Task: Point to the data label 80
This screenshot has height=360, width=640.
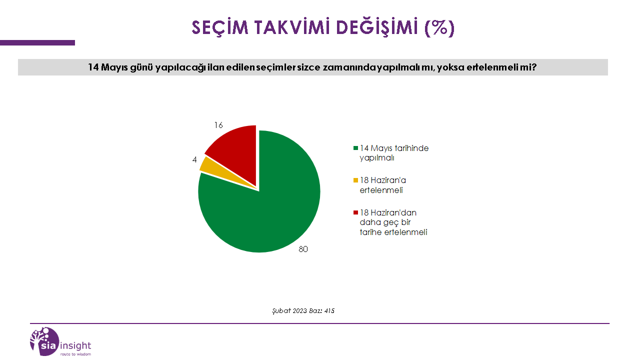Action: pyautogui.click(x=303, y=249)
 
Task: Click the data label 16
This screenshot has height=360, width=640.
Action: pyautogui.click(x=218, y=125)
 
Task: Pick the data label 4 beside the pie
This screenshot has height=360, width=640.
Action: pyautogui.click(x=194, y=159)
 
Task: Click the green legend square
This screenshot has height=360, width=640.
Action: pyautogui.click(x=355, y=148)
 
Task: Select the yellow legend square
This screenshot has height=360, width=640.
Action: pyautogui.click(x=355, y=180)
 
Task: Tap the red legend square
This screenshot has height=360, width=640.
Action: pyautogui.click(x=355, y=212)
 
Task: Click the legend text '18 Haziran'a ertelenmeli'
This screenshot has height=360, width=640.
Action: pyautogui.click(x=383, y=185)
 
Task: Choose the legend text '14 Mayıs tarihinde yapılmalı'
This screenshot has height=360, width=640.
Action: pyautogui.click(x=394, y=153)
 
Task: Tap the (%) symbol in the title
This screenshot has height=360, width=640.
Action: pyautogui.click(x=439, y=27)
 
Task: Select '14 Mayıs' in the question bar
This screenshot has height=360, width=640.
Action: pyautogui.click(x=107, y=67)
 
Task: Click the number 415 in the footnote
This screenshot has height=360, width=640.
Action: pyautogui.click(x=329, y=311)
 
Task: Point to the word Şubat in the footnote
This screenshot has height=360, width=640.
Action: pyautogui.click(x=281, y=311)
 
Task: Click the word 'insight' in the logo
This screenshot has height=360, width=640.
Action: pyautogui.click(x=75, y=345)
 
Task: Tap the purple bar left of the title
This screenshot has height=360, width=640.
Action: pyautogui.click(x=37, y=43)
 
